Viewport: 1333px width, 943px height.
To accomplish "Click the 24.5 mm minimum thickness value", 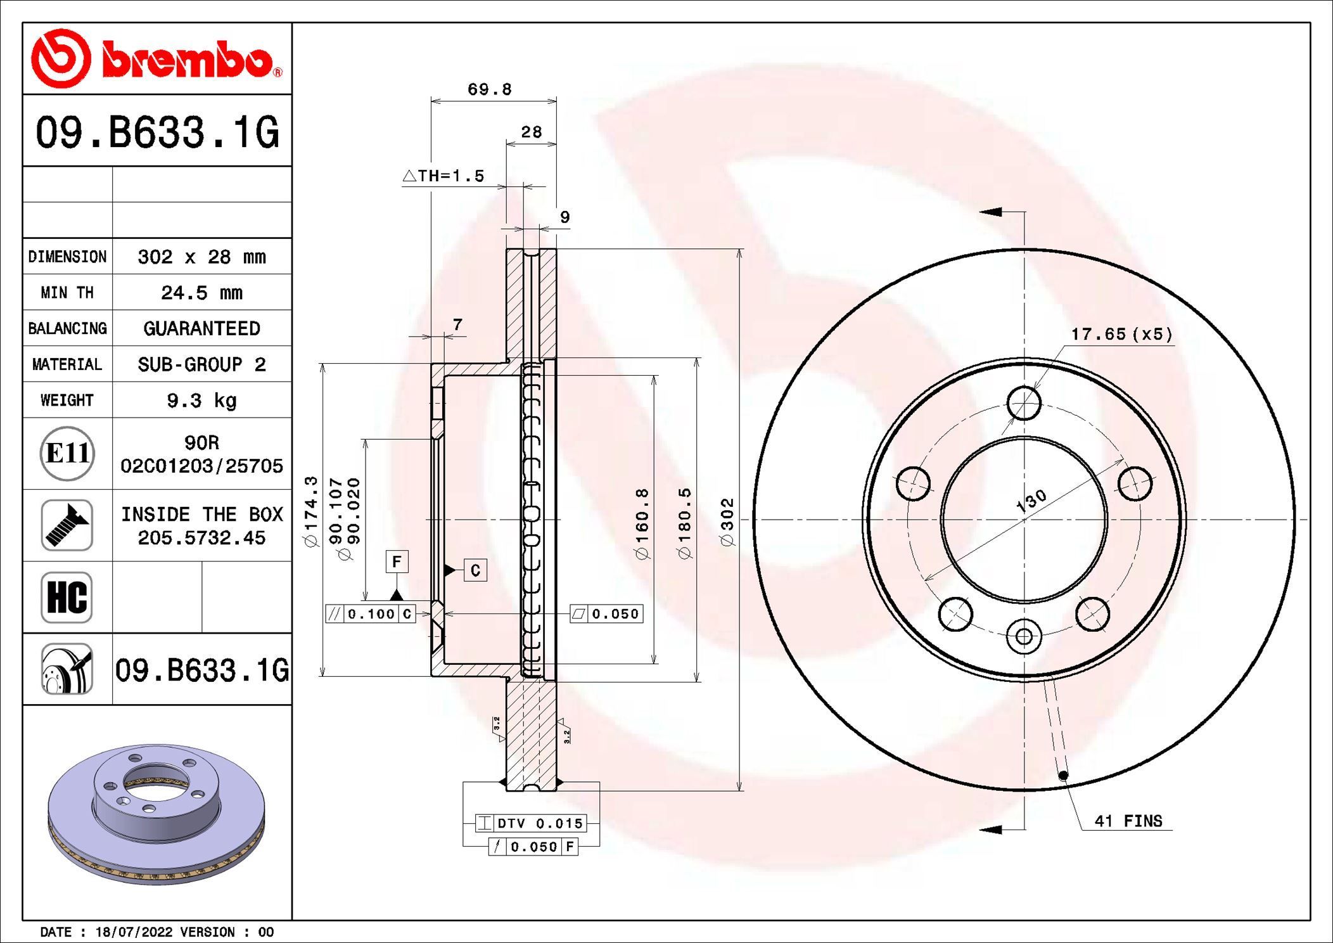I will tap(201, 293).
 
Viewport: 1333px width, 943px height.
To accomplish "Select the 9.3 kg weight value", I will tap(201, 401).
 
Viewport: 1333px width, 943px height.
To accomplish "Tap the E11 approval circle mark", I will tap(67, 454).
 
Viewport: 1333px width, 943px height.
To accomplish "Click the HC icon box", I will tap(67, 597).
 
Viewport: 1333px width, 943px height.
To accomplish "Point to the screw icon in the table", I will tap(67, 525).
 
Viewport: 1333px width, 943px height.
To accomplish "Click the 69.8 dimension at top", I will tap(489, 89).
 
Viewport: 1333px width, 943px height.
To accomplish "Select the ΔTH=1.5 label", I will tap(444, 176).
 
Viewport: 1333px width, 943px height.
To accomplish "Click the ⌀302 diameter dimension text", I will tap(727, 521).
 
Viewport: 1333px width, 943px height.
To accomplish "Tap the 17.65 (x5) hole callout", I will tap(1121, 334).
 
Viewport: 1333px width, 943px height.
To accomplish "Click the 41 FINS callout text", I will tap(1128, 821).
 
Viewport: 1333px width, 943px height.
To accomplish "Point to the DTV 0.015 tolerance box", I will tap(531, 823).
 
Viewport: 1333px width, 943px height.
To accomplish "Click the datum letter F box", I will tap(397, 561).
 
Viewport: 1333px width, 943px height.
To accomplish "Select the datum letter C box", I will tap(475, 570).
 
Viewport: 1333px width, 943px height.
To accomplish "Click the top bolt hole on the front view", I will tap(1024, 403).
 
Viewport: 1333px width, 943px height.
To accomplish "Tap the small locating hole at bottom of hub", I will tap(1024, 636).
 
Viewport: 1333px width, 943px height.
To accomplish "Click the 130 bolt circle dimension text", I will tap(1031, 501).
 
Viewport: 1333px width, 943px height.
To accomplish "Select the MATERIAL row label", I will tap(67, 364).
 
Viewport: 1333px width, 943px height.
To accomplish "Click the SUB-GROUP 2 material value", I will tap(201, 364).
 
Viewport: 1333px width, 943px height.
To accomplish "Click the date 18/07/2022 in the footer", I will tap(134, 932).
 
